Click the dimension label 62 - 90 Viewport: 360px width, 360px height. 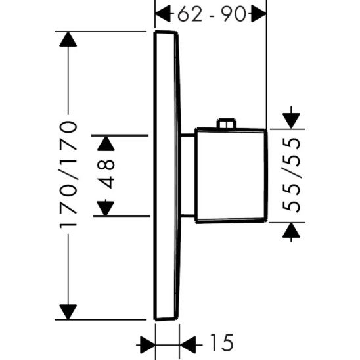[x=210, y=13]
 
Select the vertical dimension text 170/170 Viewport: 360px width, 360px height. [x=68, y=175]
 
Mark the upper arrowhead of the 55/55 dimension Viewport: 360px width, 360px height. [x=290, y=121]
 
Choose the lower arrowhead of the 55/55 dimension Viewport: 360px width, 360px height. [x=290, y=230]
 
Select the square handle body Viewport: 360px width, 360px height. [x=230, y=175]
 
